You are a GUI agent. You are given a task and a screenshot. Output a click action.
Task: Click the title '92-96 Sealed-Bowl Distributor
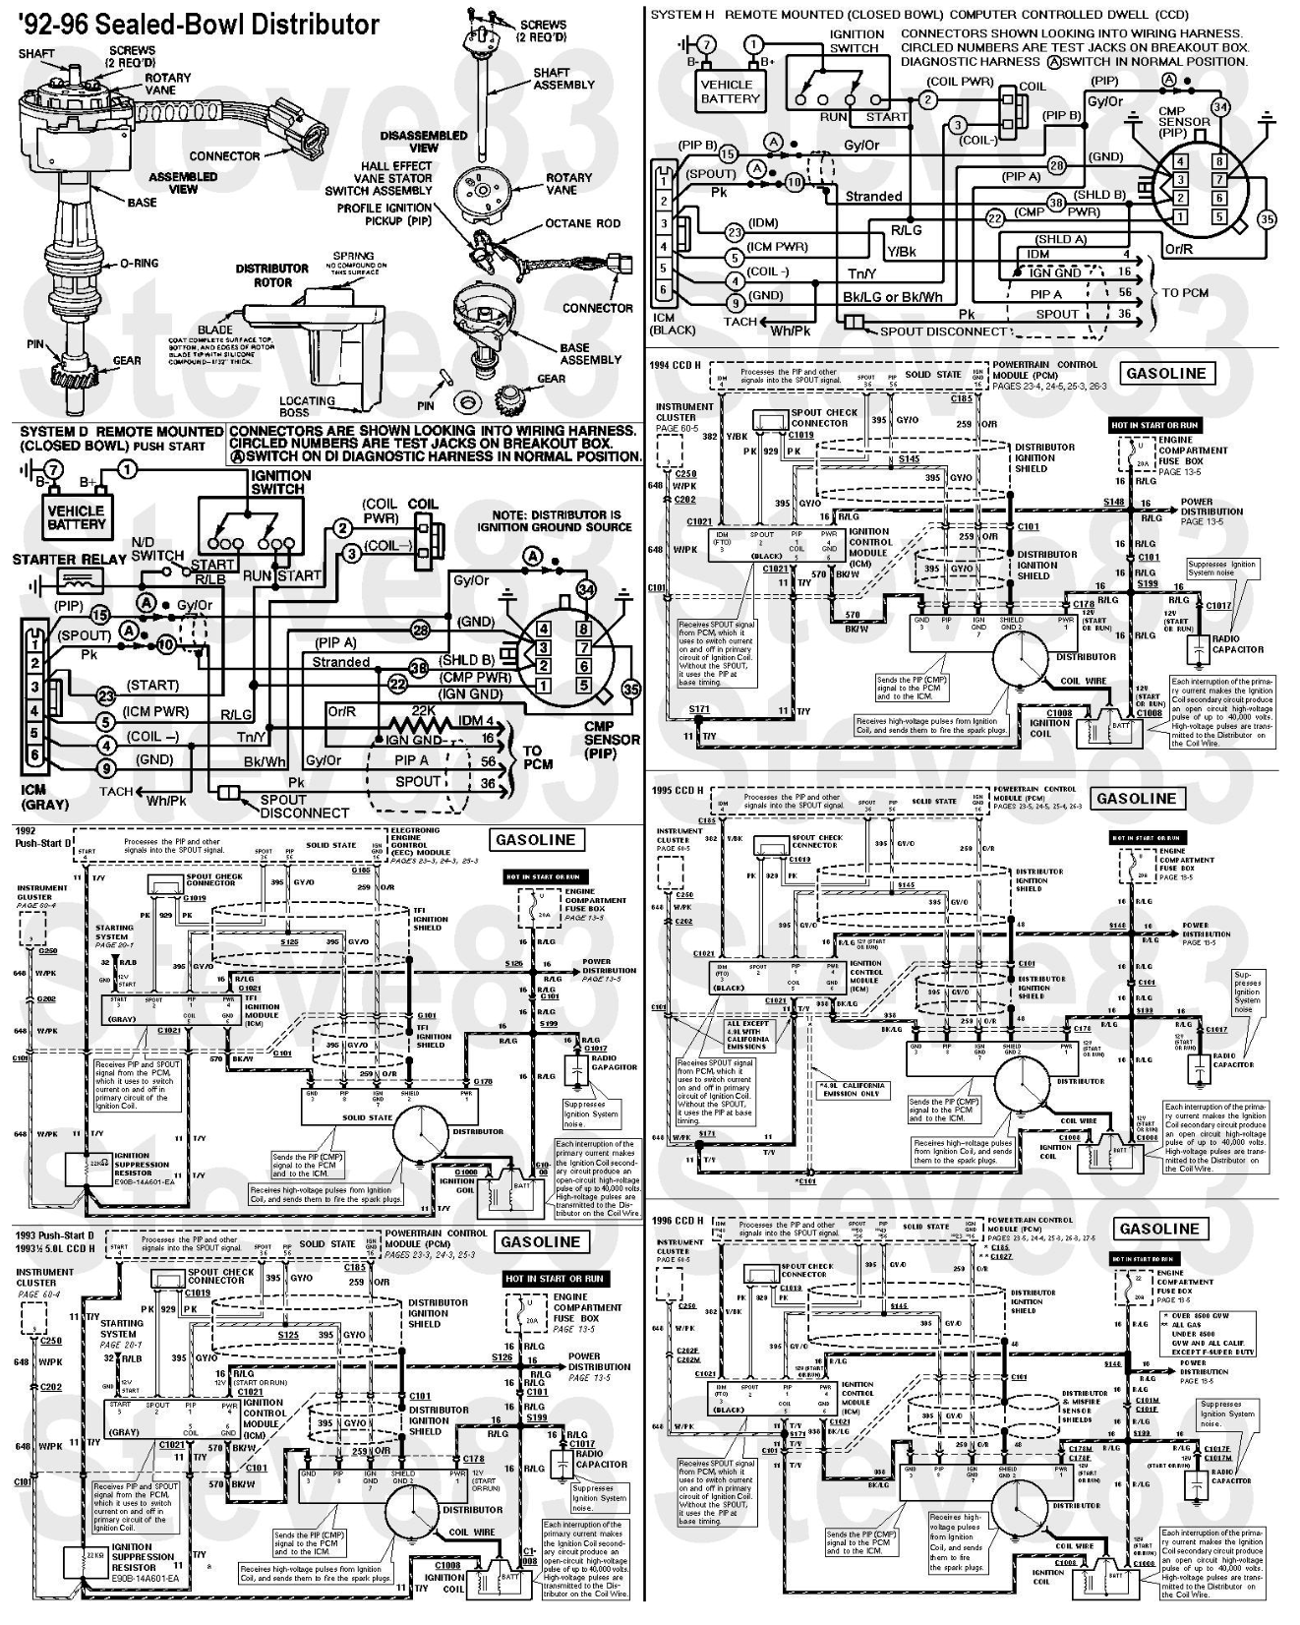198,25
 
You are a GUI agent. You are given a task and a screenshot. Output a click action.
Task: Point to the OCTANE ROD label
583,223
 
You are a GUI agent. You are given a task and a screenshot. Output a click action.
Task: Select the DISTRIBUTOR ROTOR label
272,274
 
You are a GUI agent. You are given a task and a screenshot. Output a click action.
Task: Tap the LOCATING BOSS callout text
307,406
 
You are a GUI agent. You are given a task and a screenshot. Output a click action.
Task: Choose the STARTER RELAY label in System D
70,560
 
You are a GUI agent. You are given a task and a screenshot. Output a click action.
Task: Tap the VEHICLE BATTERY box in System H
730,91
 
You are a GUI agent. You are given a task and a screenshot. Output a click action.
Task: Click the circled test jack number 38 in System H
1057,204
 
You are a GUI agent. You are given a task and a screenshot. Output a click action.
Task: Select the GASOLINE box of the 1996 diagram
1159,1229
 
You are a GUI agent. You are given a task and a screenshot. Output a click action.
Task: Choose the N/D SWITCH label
157,549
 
